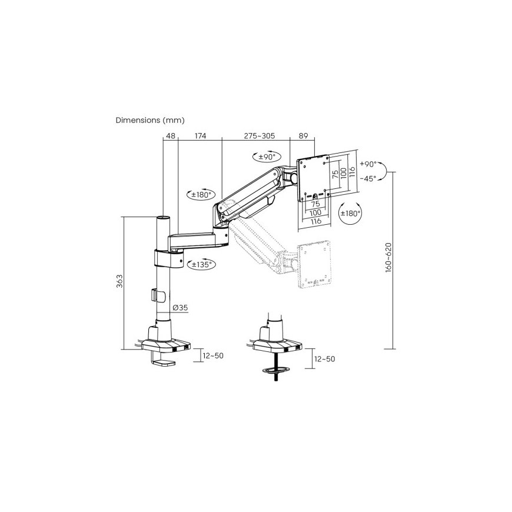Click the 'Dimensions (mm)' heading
pos(150,120)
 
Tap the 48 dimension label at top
pos(171,136)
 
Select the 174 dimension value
pos(200,136)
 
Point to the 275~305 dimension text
pos(260,136)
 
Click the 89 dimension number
pos(303,136)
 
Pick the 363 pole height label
pos(120,281)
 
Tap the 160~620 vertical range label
pos(388,258)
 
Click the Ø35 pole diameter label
pos(180,308)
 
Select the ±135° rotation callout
pos(201,264)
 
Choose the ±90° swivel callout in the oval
pos(267,157)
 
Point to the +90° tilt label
pos(368,164)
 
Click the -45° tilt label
pos(368,179)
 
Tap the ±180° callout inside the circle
pos(350,214)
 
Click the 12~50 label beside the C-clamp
pos(213,355)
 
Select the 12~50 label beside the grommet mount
pos(324,359)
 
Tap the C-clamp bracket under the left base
pos(162,359)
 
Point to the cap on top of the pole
pos(163,218)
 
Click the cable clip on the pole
pos(158,295)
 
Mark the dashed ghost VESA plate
pos(314,264)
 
